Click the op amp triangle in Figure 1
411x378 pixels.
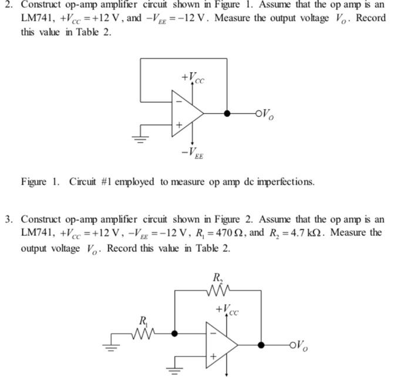pos(186,113)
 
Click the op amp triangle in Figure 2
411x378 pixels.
pos(220,345)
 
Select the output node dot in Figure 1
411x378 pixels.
pos(227,113)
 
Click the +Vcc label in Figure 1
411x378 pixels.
pos(193,77)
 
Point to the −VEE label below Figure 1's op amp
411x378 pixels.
pos(192,154)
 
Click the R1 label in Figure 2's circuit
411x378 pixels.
pos(143,320)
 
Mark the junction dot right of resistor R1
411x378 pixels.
pos(174,333)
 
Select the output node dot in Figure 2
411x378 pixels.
pos(261,345)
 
